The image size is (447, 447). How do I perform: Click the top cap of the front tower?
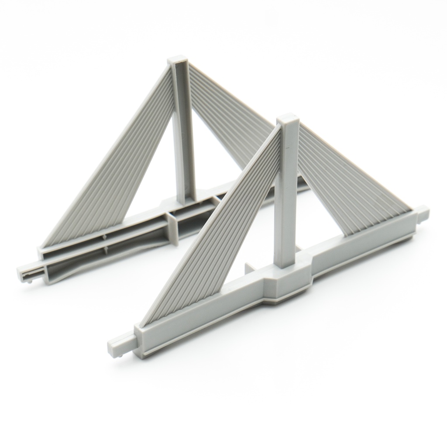[288, 120]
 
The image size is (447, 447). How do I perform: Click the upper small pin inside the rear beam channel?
[104, 237]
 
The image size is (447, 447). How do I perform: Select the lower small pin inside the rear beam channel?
[106, 250]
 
